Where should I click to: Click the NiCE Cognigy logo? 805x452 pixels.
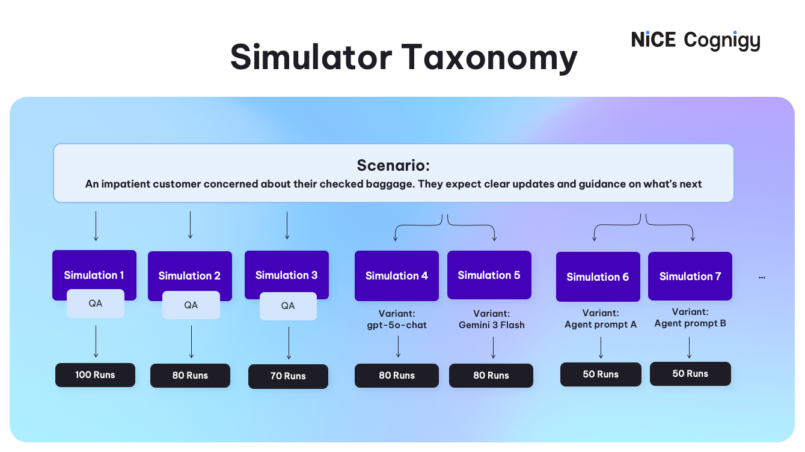(696, 40)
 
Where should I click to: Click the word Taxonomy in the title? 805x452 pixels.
(489, 58)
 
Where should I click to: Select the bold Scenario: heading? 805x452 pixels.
(393, 165)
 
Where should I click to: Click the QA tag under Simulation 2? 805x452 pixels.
(191, 305)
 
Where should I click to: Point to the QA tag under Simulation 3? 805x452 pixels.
(288, 306)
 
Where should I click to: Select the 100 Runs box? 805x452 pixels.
(95, 375)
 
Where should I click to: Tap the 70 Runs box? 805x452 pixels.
(288, 376)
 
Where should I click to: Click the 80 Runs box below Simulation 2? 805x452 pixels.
(190, 376)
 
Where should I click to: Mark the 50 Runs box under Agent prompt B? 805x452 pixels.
(690, 374)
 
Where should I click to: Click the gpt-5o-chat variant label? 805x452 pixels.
(397, 325)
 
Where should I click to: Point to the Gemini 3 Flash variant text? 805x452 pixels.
(491, 325)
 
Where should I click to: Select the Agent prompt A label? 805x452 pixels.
(600, 325)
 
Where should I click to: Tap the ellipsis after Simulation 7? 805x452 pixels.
(762, 277)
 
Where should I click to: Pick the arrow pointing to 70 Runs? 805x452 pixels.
(289, 343)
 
